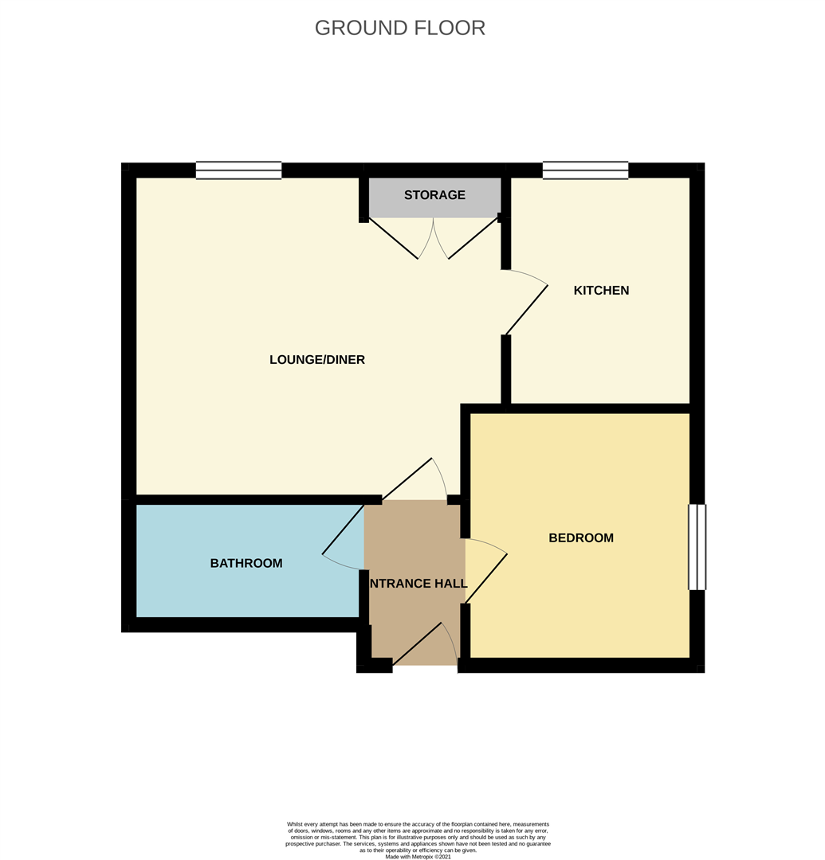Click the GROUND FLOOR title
(399, 28)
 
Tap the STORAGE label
(434, 195)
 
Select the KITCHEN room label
(601, 290)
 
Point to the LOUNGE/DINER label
(317, 359)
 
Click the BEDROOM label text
(581, 537)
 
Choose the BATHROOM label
(246, 563)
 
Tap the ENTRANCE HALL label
(418, 583)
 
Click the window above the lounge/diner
(239, 170)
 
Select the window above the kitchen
(586, 170)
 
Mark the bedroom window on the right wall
(697, 547)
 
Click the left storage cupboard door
(393, 238)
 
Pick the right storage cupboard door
(473, 238)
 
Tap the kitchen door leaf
(526, 310)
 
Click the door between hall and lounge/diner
(407, 479)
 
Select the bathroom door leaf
(343, 530)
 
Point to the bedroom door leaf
(486, 579)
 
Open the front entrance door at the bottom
(418, 643)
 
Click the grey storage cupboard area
(434, 197)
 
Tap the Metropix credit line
(418, 856)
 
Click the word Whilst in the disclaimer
(294, 824)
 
